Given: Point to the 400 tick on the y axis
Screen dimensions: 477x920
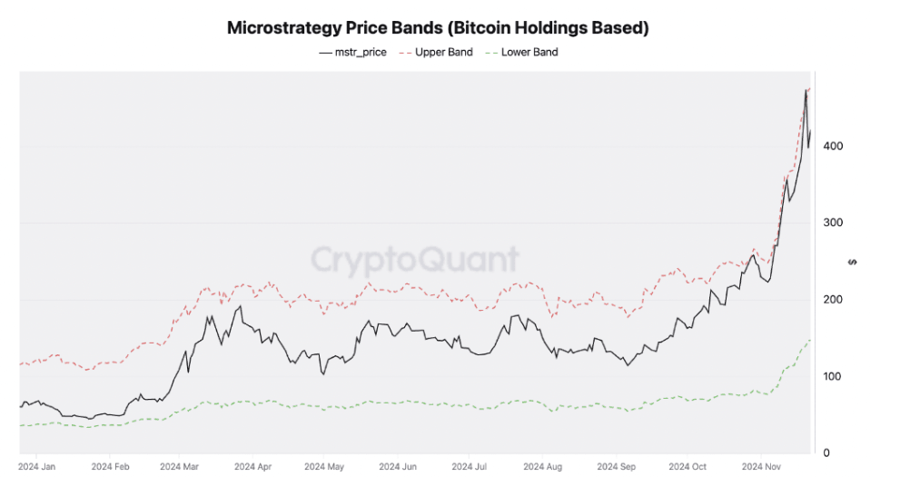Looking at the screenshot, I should (x=833, y=146).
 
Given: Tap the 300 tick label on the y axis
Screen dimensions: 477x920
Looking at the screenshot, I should (x=833, y=223).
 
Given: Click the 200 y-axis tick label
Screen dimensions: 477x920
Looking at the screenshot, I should (x=833, y=300).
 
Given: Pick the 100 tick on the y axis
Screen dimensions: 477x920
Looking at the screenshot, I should (x=833, y=376).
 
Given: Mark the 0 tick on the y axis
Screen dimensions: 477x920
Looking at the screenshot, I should (x=826, y=452).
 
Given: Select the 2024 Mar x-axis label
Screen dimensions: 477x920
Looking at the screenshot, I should (x=181, y=467).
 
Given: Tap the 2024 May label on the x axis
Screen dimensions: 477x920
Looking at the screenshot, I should (x=325, y=467).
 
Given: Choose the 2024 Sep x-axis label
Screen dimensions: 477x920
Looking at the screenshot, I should (x=615, y=467).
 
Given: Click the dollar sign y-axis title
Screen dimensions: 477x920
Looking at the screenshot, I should (x=851, y=262).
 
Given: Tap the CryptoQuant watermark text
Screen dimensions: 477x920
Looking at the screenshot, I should (x=416, y=260).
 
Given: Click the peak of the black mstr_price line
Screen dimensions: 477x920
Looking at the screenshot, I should (x=806, y=90).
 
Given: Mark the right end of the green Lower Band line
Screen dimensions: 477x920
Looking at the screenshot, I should (x=810, y=340).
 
